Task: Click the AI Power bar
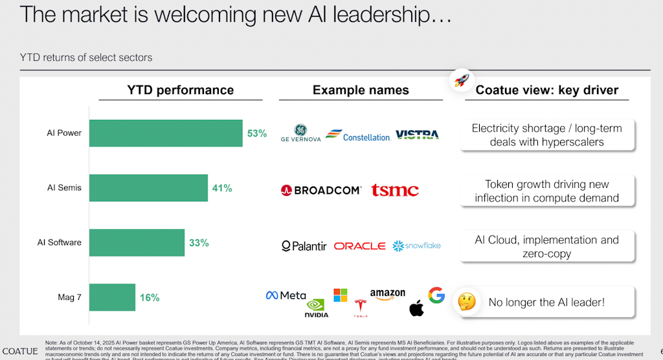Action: [x=166, y=133]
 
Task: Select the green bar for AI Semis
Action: [x=148, y=188]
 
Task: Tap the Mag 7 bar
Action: [x=112, y=298]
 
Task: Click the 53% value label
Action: [x=256, y=133]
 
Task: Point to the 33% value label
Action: [x=199, y=243]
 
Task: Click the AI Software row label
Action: [x=59, y=243]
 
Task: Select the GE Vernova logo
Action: [x=300, y=133]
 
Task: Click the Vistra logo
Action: [x=417, y=134]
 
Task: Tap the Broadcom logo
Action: [x=321, y=190]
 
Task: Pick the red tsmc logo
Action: [x=395, y=190]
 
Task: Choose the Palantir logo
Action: [x=304, y=246]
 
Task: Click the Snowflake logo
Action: [x=417, y=246]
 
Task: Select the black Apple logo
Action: [x=416, y=308]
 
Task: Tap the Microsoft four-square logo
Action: [x=341, y=295]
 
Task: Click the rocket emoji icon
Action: [x=460, y=81]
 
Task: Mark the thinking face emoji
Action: [x=466, y=301]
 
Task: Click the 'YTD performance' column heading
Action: [x=180, y=90]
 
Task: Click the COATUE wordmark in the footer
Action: [x=20, y=352]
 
